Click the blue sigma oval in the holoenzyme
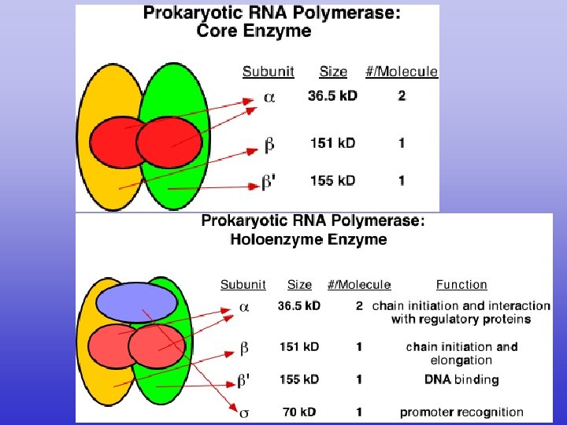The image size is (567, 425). click(x=138, y=302)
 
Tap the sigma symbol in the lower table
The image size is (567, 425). click(x=243, y=412)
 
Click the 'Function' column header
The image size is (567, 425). click(x=461, y=285)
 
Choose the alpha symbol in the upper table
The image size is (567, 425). click(x=269, y=98)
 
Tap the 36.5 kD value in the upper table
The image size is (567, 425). click(x=332, y=97)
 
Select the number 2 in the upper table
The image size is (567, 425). click(x=402, y=97)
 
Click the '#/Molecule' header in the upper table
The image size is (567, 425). click(x=402, y=72)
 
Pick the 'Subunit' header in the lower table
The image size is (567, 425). click(x=243, y=285)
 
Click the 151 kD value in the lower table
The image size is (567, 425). click(x=298, y=346)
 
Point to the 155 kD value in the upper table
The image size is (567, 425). click(x=332, y=180)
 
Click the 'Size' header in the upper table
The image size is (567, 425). click(x=333, y=72)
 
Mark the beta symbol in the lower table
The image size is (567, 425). click(x=244, y=347)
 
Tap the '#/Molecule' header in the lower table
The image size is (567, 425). click(x=359, y=285)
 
